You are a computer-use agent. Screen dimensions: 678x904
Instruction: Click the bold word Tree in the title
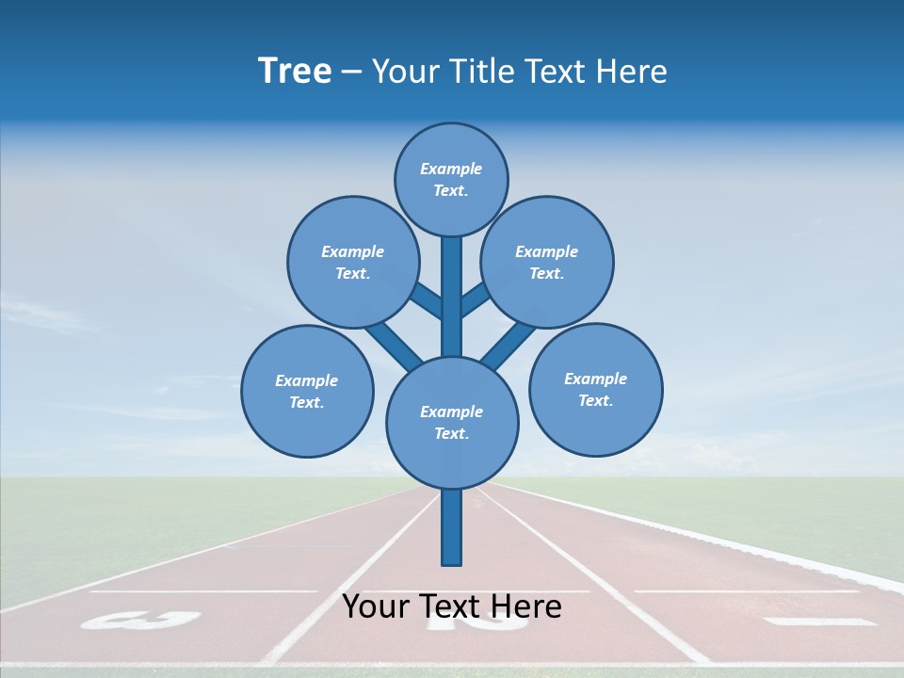295,71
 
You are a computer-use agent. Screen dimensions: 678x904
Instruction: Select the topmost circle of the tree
451,179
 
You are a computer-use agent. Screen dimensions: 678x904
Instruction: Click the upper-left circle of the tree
353,262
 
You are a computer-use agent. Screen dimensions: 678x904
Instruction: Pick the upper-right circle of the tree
547,262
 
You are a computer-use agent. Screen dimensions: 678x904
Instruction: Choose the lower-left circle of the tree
307,391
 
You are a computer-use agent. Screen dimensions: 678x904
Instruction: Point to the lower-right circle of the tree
595,389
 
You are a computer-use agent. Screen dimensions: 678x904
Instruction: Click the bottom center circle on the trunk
452,422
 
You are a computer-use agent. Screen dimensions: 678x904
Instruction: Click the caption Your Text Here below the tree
452,606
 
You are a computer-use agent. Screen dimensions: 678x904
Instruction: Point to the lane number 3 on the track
141,620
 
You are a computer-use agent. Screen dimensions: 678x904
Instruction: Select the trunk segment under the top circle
452,292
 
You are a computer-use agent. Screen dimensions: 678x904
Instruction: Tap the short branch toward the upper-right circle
476,299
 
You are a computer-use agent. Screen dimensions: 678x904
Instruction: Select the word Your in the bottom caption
375,606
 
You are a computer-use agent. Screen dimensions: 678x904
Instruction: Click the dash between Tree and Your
351,72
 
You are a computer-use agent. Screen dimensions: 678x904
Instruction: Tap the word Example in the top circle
451,169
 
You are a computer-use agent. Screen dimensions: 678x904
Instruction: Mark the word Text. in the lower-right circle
595,400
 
